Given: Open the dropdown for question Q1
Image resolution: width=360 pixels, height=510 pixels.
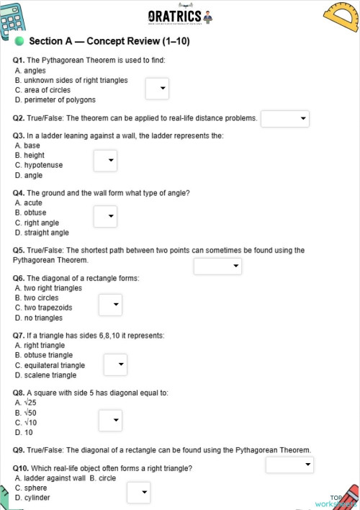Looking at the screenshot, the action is click(157, 89).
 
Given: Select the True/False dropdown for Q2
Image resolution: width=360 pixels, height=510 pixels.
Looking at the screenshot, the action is click(284, 118).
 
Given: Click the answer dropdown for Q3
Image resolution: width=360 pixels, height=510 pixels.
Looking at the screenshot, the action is click(105, 160).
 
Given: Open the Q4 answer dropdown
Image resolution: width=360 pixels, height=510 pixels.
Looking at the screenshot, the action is click(105, 216).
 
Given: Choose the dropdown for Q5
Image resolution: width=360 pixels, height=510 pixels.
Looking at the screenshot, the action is click(218, 266).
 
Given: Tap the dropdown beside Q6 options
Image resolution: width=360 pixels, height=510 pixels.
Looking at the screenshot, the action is click(110, 305).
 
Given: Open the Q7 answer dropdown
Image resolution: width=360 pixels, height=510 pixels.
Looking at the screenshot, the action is click(115, 364).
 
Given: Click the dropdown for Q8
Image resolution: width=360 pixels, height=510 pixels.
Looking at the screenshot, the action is click(110, 419).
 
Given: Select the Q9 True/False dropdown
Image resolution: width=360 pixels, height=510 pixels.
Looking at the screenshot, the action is click(289, 465).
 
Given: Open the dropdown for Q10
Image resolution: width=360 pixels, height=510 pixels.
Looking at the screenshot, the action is click(138, 493).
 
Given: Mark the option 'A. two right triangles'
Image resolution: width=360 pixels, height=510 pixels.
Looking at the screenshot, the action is click(48, 288).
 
